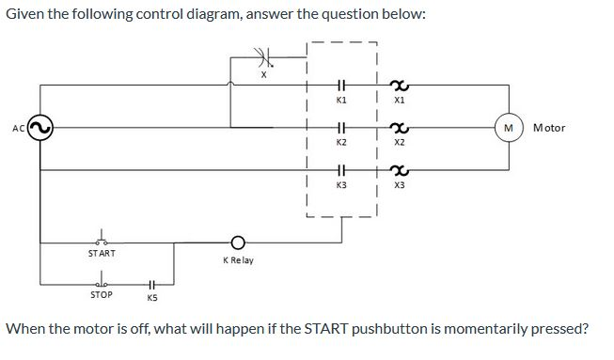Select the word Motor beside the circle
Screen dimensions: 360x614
[x=549, y=128]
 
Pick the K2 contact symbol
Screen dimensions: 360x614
[x=342, y=127]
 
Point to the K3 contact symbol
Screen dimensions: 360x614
[x=342, y=170]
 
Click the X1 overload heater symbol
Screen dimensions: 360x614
[x=400, y=85]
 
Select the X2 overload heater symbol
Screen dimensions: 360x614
[x=400, y=127]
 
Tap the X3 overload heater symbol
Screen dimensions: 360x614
[x=400, y=170]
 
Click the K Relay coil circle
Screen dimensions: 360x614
[x=238, y=241]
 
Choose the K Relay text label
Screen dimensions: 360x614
[x=238, y=259]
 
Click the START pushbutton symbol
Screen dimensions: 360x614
[x=101, y=240]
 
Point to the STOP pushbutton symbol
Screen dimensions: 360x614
[x=101, y=281]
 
